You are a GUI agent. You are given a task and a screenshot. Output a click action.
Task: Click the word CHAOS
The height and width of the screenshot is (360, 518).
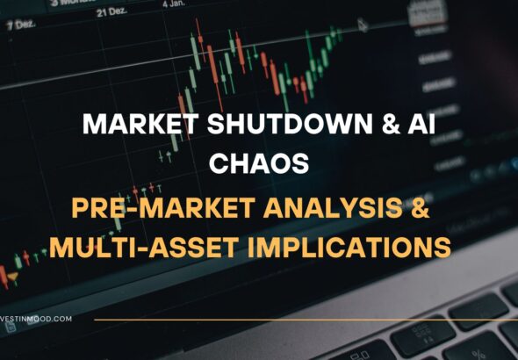(259, 163)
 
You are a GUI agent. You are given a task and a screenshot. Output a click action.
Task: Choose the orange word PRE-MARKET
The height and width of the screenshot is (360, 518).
(146, 209)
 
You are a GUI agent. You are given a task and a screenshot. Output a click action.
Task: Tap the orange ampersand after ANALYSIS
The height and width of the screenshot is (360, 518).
(423, 209)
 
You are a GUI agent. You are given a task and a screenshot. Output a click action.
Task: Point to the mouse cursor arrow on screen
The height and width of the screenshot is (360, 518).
(362, 25)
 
